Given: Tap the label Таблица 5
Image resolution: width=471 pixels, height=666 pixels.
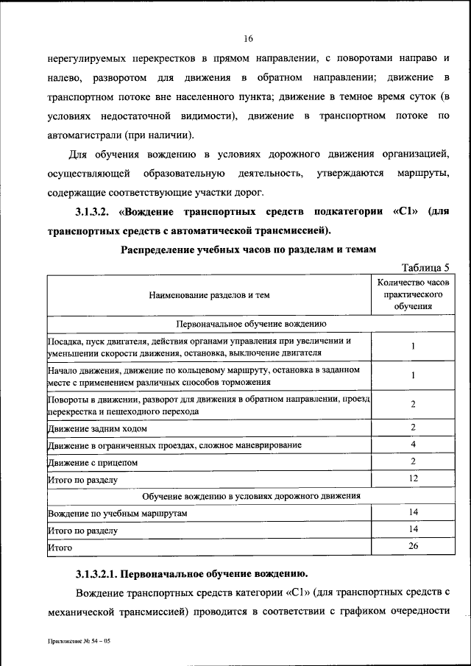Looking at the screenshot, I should [425, 267].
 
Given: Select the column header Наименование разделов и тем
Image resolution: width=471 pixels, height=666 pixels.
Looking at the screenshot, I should [209, 295].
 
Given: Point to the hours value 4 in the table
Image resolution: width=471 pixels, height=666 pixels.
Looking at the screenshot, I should [413, 444].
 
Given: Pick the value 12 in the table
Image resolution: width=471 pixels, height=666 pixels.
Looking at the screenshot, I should [413, 478].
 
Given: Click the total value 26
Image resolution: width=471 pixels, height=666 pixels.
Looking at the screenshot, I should [413, 545].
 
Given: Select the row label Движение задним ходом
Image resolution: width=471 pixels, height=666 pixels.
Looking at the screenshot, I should [98, 428].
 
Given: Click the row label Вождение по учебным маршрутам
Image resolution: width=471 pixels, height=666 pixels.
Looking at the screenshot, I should [118, 512].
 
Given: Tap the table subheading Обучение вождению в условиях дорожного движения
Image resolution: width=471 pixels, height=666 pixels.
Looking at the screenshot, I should [250, 495].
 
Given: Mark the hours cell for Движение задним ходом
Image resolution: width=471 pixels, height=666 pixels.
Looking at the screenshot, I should [413, 428].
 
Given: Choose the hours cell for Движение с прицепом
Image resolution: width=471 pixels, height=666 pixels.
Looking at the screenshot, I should [413, 461].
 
